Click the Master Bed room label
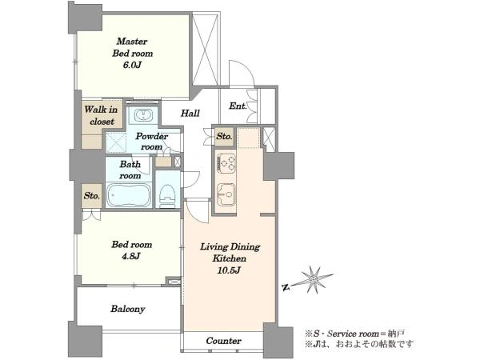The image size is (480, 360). pyautogui.click(x=132, y=47)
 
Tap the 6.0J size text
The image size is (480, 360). pyautogui.click(x=132, y=65)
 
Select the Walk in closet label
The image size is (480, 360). pyautogui.click(x=101, y=115)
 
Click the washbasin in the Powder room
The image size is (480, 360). pyautogui.click(x=142, y=115)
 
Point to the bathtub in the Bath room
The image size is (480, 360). pyautogui.click(x=129, y=195)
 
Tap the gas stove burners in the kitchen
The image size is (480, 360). pyautogui.click(x=226, y=162)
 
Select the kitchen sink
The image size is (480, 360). pyautogui.click(x=226, y=194)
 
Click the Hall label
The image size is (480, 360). pyautogui.click(x=190, y=114)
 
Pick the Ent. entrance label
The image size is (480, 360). pyautogui.click(x=238, y=106)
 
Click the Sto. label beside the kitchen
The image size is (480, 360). pyautogui.click(x=224, y=136)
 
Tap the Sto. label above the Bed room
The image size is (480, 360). pyautogui.click(x=91, y=196)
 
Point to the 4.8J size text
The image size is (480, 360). pyautogui.click(x=131, y=256)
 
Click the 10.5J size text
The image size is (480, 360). pyautogui.click(x=229, y=270)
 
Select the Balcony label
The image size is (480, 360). pyautogui.click(x=128, y=309)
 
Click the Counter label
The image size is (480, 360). pyautogui.click(x=223, y=341)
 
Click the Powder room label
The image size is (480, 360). pyautogui.click(x=151, y=142)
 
